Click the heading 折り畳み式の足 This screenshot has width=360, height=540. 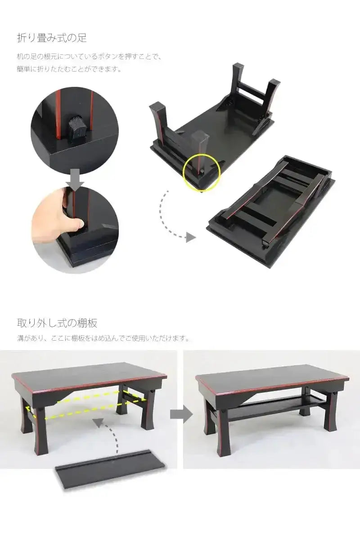51,38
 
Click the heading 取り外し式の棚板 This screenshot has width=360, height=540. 57,323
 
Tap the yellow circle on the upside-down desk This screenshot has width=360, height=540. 202,171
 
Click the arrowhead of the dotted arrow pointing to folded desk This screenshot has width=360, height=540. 191,238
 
